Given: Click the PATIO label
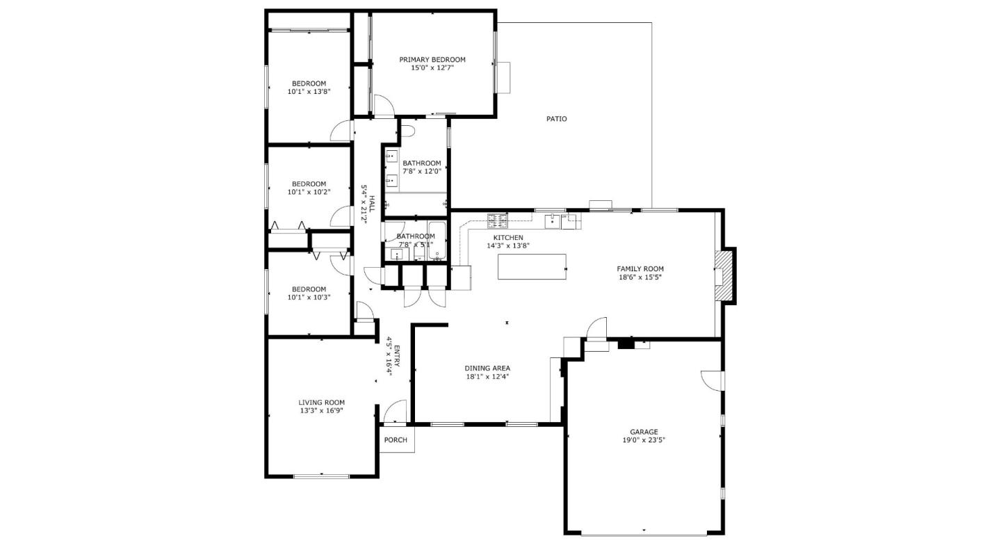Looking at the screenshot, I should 556,119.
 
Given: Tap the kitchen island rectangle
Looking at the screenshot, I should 532,266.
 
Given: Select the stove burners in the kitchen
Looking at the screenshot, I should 497,220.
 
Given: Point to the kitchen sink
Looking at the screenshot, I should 553,220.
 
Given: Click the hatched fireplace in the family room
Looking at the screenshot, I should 724,276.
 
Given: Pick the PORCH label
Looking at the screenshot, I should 396,439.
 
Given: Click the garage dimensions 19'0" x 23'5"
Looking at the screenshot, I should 644,440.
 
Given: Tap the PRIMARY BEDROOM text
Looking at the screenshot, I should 432,60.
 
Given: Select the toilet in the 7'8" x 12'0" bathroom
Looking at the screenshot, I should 409,129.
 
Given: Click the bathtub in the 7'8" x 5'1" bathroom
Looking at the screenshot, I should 437,240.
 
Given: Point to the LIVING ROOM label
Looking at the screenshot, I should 321,402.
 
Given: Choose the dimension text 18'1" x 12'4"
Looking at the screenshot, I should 487,377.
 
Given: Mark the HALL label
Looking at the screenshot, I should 372,203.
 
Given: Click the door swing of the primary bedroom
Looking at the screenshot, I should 384,106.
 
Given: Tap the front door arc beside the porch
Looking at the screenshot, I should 395,411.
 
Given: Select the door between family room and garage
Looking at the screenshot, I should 596,328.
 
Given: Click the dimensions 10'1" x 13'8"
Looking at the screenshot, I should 309,91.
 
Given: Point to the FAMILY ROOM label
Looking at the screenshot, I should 640,268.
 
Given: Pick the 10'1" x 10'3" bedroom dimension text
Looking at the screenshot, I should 309,297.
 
